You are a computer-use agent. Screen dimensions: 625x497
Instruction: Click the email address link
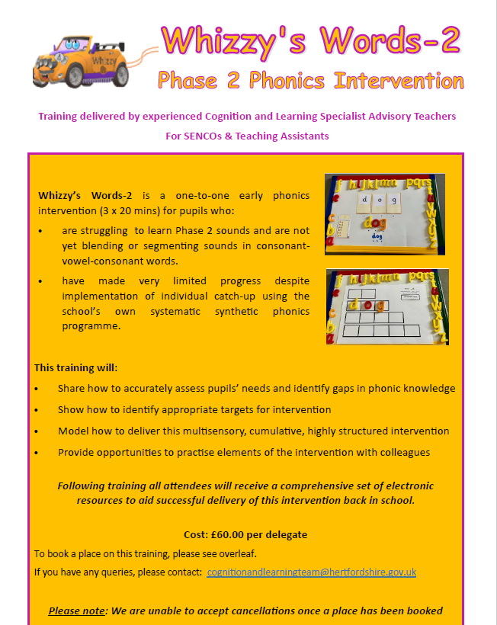pyautogui.click(x=311, y=572)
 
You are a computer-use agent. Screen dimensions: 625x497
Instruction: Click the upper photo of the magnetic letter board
pyautogui.click(x=385, y=214)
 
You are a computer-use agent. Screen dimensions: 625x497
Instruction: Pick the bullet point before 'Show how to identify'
pyautogui.click(x=37, y=410)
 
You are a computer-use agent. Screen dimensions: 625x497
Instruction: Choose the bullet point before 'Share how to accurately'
pyautogui.click(x=37, y=389)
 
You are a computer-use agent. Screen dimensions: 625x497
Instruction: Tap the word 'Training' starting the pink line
pyautogui.click(x=59, y=117)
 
